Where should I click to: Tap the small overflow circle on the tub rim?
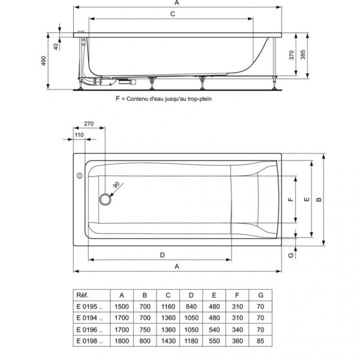click(78, 176)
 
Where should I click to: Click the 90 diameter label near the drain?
click(116, 185)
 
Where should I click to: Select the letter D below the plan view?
click(163, 254)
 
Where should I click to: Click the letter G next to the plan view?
click(290, 255)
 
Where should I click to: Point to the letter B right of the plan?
click(320, 199)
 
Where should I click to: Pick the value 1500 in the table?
click(122, 307)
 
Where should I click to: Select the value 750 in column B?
click(145, 329)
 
